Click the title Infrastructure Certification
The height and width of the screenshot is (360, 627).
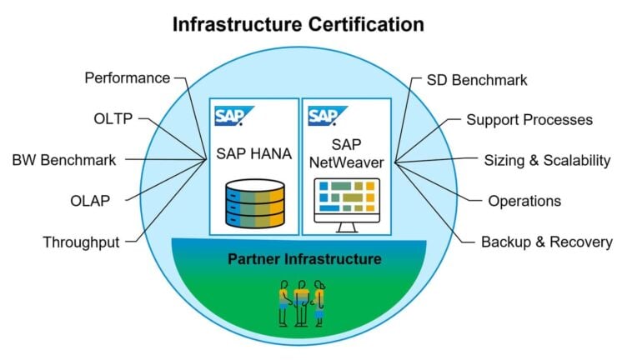click(298, 24)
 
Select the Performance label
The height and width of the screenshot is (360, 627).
click(127, 78)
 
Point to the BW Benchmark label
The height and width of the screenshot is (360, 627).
click(63, 159)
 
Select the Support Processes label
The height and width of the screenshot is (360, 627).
click(529, 119)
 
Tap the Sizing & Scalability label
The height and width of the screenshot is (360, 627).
click(547, 159)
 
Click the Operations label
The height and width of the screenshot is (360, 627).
click(524, 201)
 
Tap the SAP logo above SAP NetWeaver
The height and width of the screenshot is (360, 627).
click(323, 115)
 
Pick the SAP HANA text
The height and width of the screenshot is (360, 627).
click(254, 153)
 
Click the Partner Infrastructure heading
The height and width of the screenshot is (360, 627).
click(304, 259)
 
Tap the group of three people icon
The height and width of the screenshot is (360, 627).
click(300, 302)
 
